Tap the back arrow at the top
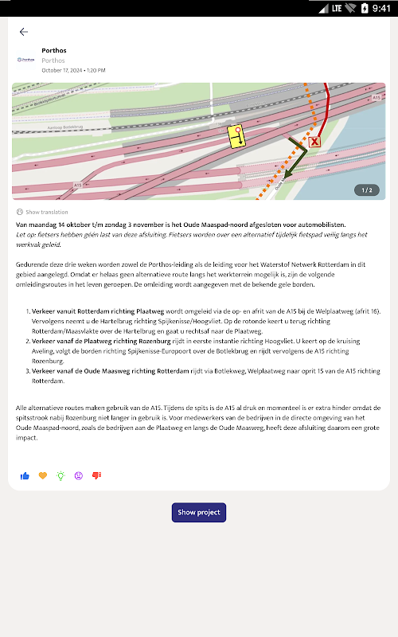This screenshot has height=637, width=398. click(24, 32)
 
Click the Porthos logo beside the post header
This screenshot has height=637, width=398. click(25, 60)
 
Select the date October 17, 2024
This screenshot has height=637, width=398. click(62, 70)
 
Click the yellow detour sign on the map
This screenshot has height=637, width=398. click(236, 136)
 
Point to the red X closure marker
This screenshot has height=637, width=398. click(314, 142)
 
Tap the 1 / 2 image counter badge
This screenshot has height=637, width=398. click(367, 190)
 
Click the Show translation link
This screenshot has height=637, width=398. click(42, 212)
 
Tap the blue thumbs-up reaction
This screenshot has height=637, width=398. click(25, 475)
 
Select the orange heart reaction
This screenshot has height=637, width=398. click(43, 475)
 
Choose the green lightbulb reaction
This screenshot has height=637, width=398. click(60, 475)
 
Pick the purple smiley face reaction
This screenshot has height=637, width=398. click(78, 475)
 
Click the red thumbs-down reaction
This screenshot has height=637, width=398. click(96, 475)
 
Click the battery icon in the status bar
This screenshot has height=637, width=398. click(365, 8)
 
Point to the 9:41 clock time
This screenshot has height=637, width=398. click(381, 9)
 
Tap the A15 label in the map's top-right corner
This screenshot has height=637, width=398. click(377, 98)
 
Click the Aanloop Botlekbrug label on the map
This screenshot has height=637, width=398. click(65, 127)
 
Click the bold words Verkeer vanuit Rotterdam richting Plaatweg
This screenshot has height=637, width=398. click(98, 311)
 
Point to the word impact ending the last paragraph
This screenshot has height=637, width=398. click(26, 437)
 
